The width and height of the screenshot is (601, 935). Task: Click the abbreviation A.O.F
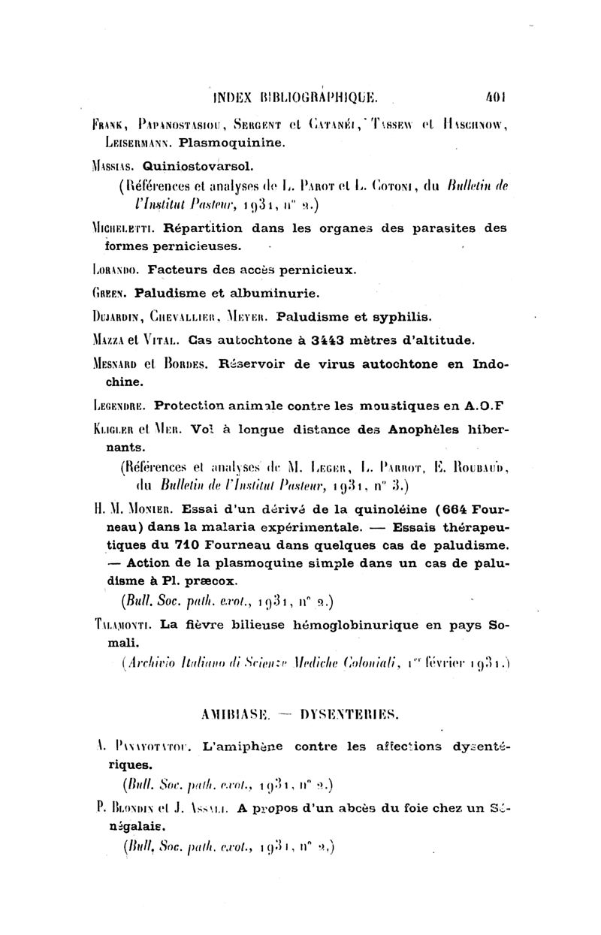484,406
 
